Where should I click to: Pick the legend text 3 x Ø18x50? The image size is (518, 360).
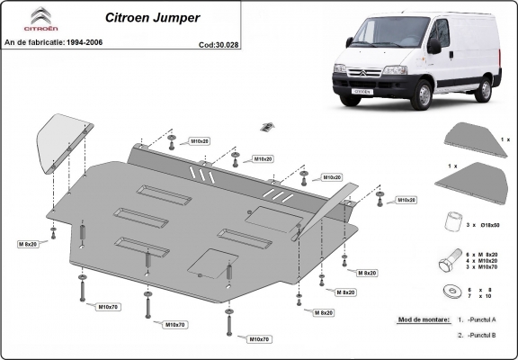tap(484, 222)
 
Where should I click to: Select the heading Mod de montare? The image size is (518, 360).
tap(423, 320)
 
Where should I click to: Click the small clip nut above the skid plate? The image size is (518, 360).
tap(266, 127)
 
